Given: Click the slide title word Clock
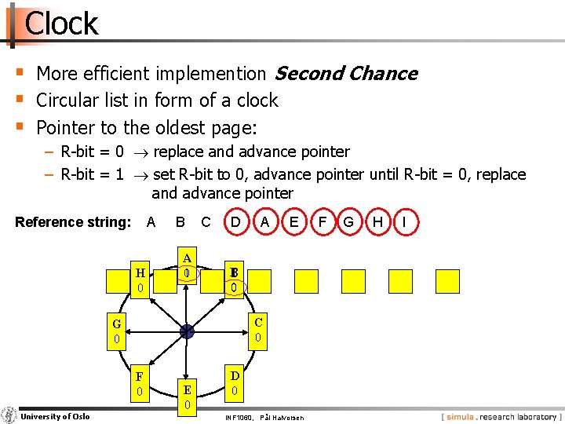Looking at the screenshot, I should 61,24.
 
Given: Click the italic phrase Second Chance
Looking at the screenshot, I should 345,74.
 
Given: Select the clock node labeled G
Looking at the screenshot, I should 116,331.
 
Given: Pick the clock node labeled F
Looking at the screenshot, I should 139,383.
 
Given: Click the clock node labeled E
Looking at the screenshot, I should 187,397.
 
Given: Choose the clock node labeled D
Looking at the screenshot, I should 235,383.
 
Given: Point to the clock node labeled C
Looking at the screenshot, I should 258,329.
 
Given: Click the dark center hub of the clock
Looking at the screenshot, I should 187,332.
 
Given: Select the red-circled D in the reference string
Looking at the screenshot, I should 235,222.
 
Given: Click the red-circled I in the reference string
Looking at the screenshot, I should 404,222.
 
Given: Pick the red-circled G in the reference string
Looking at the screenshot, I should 348,222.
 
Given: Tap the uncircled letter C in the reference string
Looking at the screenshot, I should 206,222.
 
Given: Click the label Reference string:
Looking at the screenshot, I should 73,222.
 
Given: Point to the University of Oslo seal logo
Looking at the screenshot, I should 9,415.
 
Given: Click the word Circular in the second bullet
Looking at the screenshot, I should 72,101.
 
